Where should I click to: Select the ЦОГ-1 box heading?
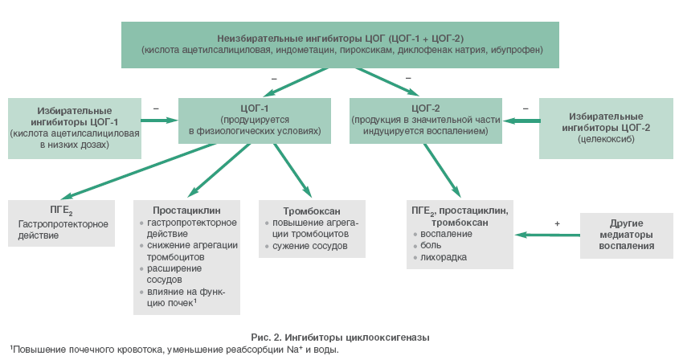254,107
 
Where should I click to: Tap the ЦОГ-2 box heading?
426,107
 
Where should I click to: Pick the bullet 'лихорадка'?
444,257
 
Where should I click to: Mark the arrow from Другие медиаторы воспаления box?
546,235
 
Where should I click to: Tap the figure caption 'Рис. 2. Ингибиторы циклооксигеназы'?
341,337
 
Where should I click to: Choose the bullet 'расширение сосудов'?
172,274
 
